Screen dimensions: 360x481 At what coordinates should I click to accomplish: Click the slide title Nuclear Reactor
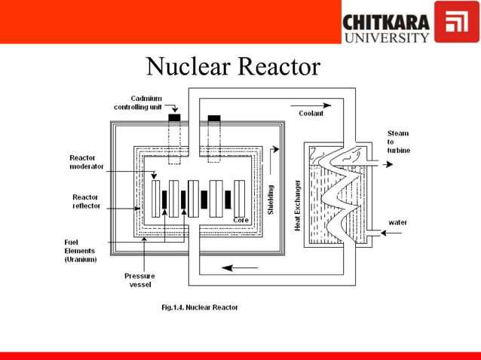(233, 67)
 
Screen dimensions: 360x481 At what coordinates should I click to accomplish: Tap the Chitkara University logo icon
(457, 22)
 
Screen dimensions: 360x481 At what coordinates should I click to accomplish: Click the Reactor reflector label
(85, 201)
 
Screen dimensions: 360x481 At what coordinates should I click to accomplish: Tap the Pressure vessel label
(139, 280)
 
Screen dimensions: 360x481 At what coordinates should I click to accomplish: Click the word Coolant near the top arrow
(310, 114)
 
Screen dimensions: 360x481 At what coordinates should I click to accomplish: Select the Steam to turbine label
(399, 142)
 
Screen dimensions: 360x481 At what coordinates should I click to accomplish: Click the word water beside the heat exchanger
(398, 222)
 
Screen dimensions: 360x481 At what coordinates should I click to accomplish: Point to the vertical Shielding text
(271, 200)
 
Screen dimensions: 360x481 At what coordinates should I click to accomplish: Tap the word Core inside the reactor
(241, 220)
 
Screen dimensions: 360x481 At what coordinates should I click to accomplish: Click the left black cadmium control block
(175, 117)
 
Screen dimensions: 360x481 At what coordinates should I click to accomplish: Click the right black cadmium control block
(214, 117)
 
